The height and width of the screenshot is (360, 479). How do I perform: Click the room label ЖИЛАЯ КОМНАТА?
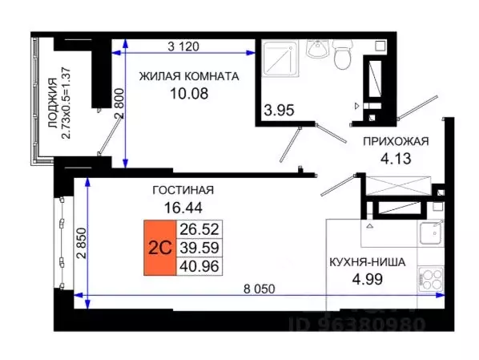[189, 77]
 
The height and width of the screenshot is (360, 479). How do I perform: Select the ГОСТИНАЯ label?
[183, 190]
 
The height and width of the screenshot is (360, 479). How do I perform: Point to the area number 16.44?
[183, 208]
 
